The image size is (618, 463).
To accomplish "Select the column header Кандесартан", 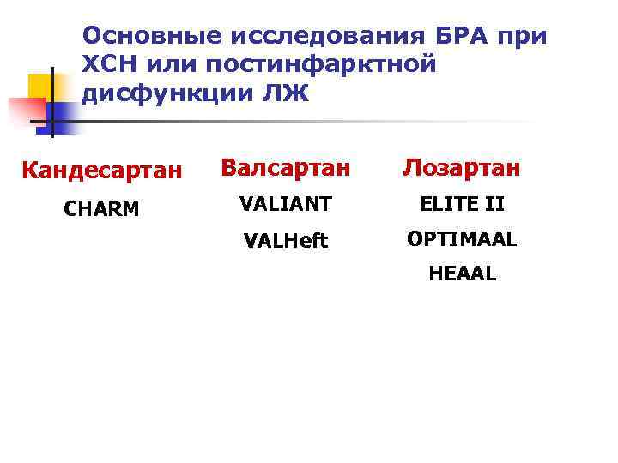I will pos(102,171).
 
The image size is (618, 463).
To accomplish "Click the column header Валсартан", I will pos(285,168).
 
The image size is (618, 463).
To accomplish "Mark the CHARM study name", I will pos(100,208).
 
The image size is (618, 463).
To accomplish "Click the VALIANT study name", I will pos(285,205).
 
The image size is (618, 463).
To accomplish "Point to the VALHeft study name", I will pos(285,241).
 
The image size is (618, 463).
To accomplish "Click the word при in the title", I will pos(523,36).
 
